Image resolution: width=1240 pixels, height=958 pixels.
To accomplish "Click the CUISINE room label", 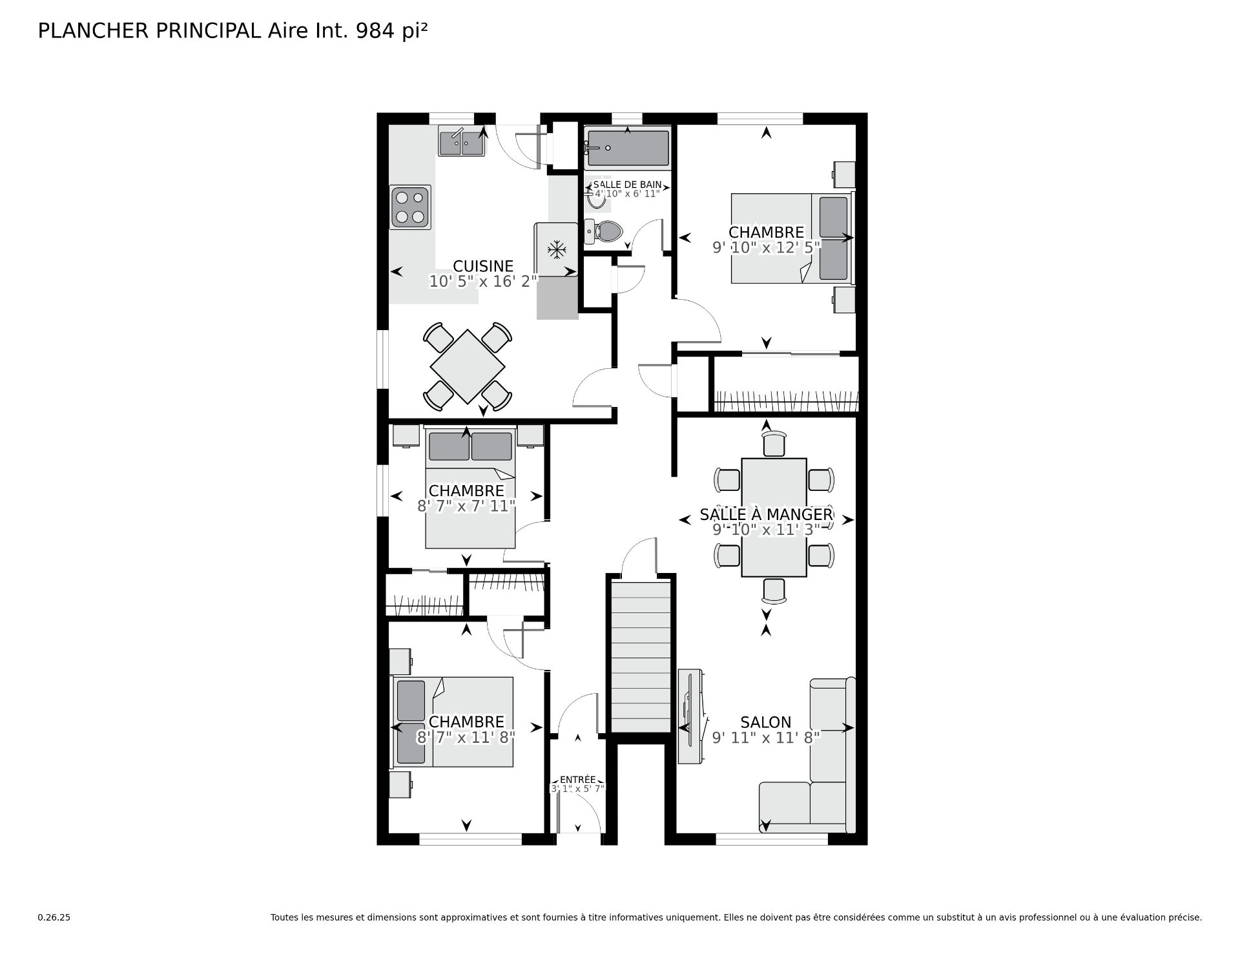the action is pyautogui.click(x=483, y=266).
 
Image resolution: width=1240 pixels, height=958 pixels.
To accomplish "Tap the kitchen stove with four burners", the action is pyautogui.click(x=410, y=207).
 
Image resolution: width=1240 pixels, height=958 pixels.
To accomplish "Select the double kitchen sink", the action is pyautogui.click(x=461, y=142).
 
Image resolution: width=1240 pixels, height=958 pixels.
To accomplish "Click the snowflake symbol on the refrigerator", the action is pyautogui.click(x=557, y=249).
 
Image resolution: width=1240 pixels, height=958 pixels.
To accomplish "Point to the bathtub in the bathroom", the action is pyautogui.click(x=627, y=148).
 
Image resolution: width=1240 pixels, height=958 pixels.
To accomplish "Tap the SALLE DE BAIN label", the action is pyautogui.click(x=627, y=185).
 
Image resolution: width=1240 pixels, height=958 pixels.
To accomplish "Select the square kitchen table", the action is pyautogui.click(x=468, y=366).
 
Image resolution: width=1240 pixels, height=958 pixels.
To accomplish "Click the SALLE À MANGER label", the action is pyautogui.click(x=767, y=515).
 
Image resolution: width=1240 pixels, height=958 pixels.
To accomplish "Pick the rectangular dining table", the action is pyautogui.click(x=774, y=517).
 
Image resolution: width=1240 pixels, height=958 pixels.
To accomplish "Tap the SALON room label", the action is pyautogui.click(x=766, y=722).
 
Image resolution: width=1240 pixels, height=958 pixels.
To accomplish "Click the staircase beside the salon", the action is pyautogui.click(x=641, y=656).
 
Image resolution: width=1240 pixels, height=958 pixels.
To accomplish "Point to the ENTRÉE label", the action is pyautogui.click(x=578, y=780).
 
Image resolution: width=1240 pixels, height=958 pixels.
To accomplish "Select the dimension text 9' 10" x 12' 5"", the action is pyautogui.click(x=767, y=247).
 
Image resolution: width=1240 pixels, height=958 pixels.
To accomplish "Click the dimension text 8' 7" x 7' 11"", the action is pyautogui.click(x=466, y=506).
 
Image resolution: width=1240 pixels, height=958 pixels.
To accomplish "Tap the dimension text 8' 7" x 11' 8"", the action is pyautogui.click(x=466, y=737).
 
